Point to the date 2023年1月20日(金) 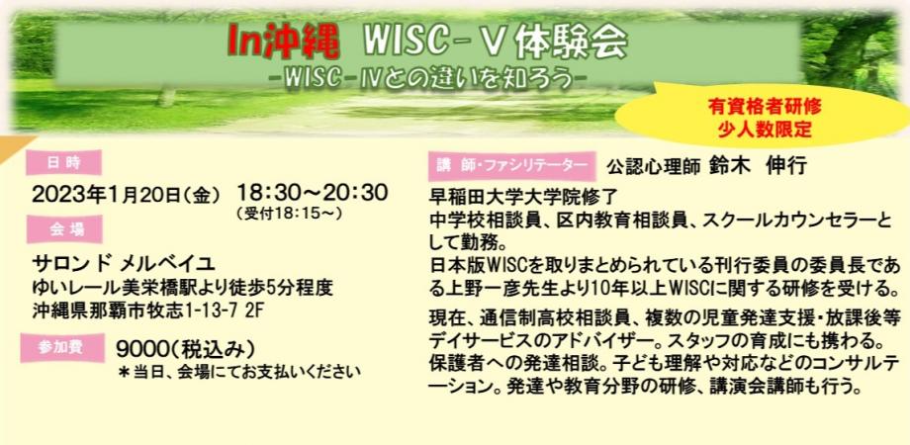(x=126, y=194)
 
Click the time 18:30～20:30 (x=312, y=192)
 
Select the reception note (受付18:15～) (x=289, y=213)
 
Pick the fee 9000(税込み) (x=186, y=349)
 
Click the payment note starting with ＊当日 (x=238, y=372)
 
